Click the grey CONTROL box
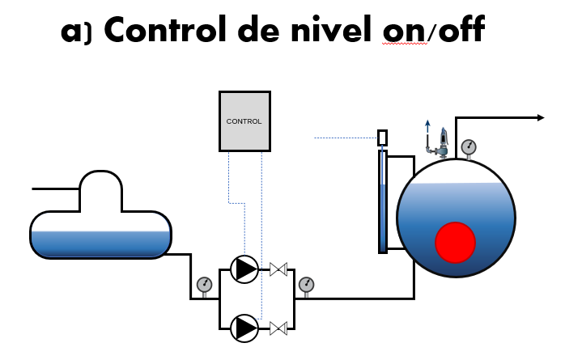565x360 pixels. [244, 121]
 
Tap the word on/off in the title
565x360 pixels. [437, 30]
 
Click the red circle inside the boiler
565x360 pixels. [455, 242]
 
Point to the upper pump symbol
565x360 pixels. [244, 269]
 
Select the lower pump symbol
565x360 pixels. [244, 328]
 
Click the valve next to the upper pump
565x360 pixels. [279, 269]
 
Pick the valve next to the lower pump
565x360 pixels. [279, 328]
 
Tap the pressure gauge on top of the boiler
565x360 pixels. [468, 147]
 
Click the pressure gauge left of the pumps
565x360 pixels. [204, 284]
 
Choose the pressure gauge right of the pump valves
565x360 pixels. [306, 284]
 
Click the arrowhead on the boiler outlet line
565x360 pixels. [540, 118]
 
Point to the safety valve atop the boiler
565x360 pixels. [442, 142]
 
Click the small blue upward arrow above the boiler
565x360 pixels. [428, 125]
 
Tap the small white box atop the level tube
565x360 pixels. [382, 138]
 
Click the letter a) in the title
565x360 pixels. [78, 32]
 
